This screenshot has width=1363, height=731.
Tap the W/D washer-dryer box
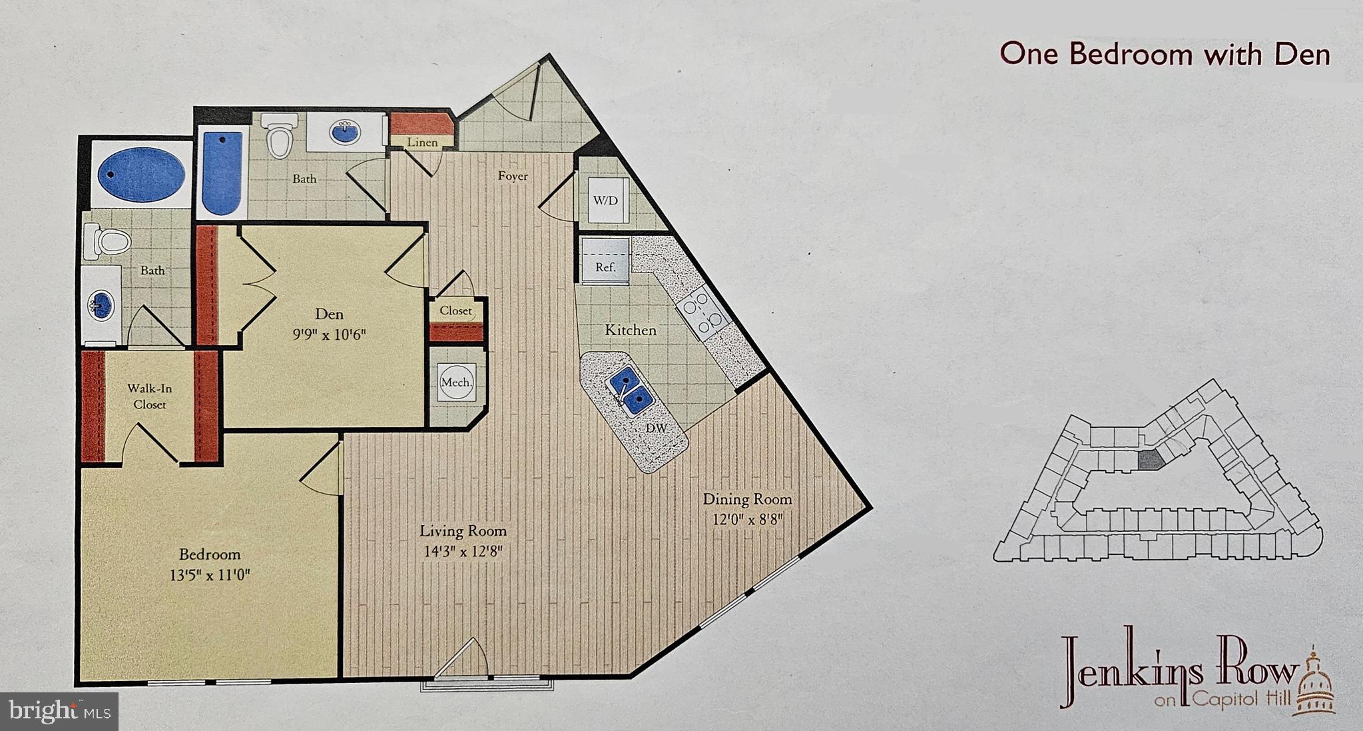[x=605, y=201]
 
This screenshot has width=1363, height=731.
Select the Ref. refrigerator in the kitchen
[x=605, y=261]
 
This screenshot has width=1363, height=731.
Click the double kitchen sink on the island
[x=628, y=391]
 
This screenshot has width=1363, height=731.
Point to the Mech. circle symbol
[x=457, y=382]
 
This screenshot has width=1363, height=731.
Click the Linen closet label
[x=422, y=142]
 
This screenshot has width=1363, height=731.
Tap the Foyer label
[x=513, y=176]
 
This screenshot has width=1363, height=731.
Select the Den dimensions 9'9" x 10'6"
[x=330, y=334]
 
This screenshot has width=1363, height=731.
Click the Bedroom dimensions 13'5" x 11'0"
[x=210, y=574]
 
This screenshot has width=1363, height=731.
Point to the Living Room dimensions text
[x=463, y=551]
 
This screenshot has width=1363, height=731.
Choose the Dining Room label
[x=747, y=498]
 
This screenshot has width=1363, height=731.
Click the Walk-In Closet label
[x=150, y=396]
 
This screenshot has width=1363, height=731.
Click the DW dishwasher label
[x=656, y=428]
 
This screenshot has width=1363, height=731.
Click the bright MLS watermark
[x=59, y=711]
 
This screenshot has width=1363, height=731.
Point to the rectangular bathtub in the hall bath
[x=222, y=173]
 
